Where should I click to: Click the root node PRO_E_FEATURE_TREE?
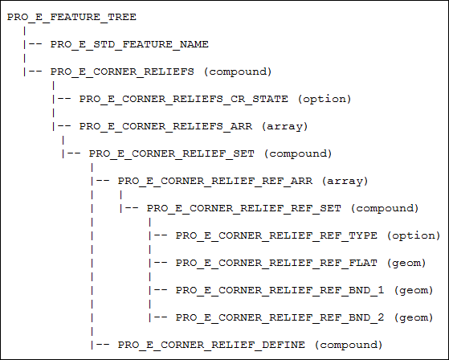pos(71,17)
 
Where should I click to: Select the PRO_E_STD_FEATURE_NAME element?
pos(129,44)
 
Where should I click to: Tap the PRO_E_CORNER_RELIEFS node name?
pos(122,72)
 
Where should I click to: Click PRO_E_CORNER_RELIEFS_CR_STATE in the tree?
pos(184,99)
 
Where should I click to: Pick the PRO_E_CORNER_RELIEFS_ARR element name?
pos(165,126)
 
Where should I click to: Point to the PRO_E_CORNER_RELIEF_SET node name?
pos(172,153)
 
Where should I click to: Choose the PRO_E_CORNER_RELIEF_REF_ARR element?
pos(215,181)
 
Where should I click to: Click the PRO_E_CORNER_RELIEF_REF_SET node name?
pos(244,208)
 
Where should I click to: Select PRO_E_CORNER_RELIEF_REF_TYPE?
pos(276,235)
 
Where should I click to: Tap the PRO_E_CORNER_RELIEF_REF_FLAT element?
pos(276,263)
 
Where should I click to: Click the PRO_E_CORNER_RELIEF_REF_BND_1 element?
pos(280,290)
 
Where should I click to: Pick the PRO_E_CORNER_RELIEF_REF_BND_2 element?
pos(280,317)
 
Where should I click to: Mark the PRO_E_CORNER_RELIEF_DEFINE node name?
pos(211,345)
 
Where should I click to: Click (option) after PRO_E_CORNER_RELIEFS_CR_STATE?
pos(325,100)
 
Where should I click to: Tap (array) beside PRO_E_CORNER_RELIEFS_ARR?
pos(285,127)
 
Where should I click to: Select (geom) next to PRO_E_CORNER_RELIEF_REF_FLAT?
pos(406,264)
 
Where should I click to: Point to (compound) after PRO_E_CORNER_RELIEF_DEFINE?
pos(349,345)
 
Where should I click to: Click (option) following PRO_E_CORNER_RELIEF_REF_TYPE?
pos(414,236)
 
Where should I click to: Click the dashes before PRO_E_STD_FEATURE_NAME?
pos(35,44)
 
